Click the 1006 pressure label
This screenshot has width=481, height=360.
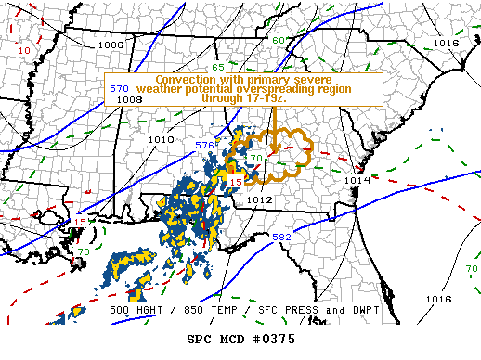[x=110, y=45]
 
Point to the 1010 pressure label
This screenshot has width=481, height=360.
[x=161, y=139]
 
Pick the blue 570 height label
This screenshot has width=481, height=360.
[x=119, y=88]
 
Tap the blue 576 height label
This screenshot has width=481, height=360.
[x=205, y=146]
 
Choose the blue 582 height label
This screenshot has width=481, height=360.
[x=282, y=238]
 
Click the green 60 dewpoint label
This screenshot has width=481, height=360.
[x=279, y=41]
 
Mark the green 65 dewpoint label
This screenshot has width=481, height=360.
[x=217, y=68]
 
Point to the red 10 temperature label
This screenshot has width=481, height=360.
[x=24, y=49]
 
